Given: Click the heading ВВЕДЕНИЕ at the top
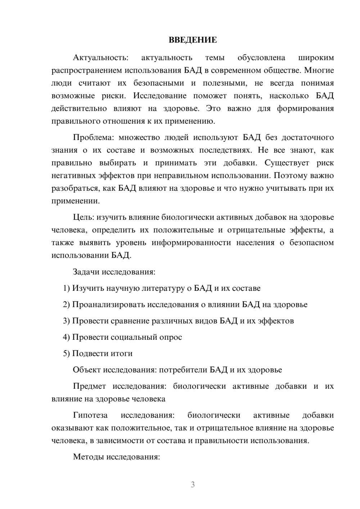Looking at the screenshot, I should (193, 40).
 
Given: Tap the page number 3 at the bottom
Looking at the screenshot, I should (193, 485).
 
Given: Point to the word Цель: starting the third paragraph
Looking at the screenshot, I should (84, 217).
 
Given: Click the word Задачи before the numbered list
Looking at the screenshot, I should (86, 271).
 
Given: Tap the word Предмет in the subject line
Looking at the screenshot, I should (89, 386).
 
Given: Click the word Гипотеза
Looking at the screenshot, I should (90, 415).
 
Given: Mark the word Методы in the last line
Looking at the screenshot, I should (87, 457).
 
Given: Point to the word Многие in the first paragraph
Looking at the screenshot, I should (320, 70).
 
